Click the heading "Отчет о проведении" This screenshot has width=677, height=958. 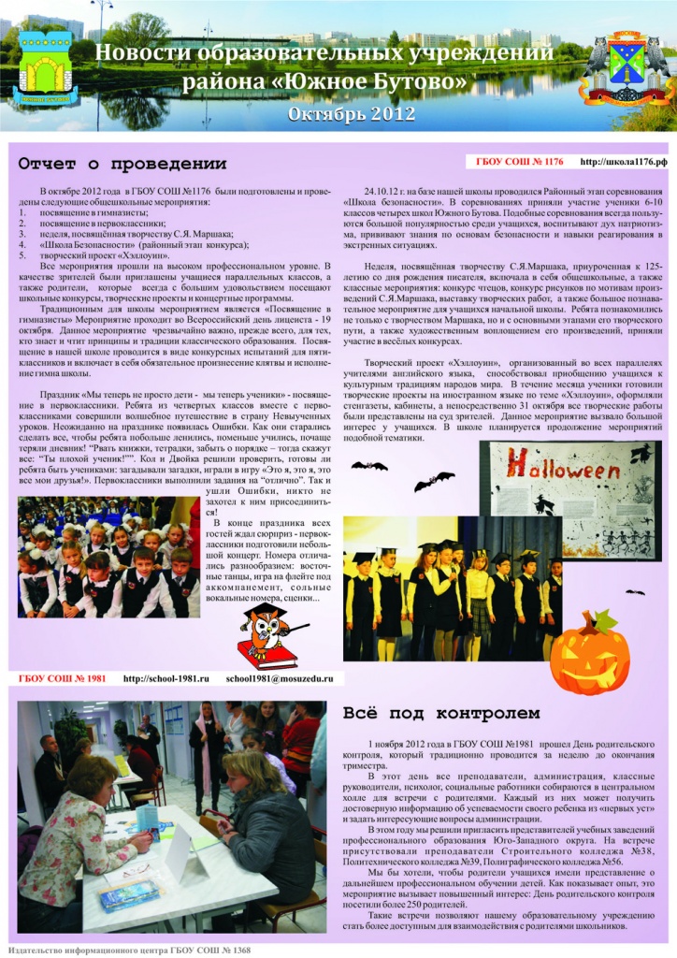pos(122,164)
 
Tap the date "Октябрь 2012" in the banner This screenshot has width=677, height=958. pos(338,114)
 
